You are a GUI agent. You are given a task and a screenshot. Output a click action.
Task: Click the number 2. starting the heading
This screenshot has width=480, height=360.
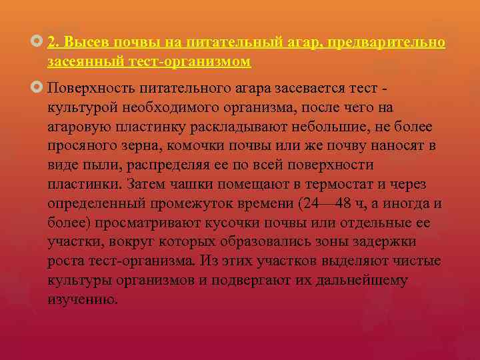(55, 43)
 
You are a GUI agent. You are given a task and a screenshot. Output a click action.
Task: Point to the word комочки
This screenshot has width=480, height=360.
(207, 145)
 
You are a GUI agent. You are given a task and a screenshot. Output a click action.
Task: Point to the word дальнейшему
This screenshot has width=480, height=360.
(364, 281)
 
